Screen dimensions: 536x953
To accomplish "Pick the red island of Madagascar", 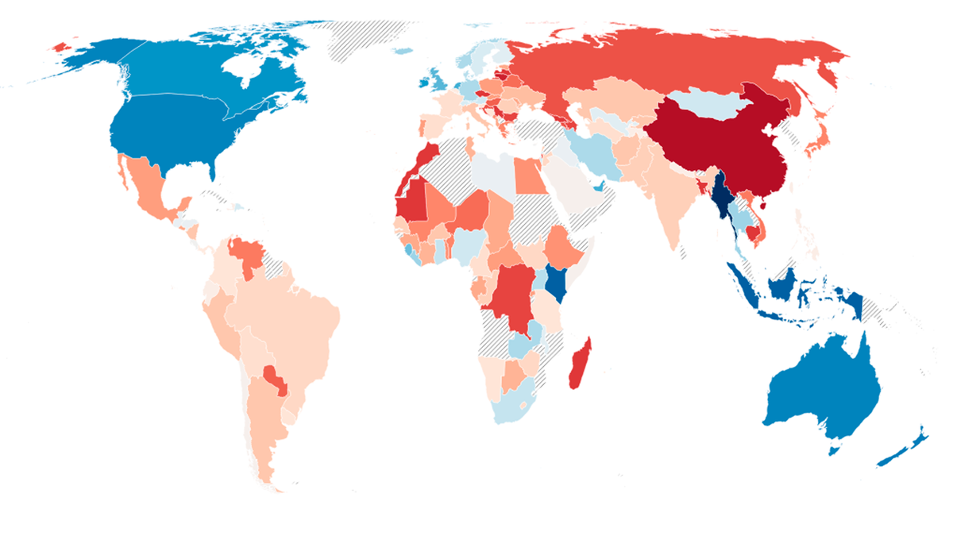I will tap(581, 365).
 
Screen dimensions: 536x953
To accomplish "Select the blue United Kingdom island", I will tap(434, 78).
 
